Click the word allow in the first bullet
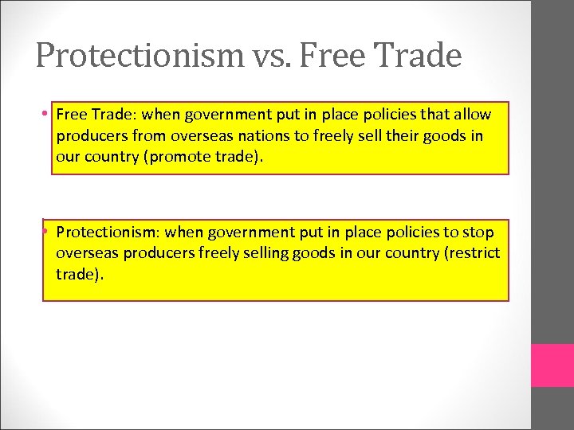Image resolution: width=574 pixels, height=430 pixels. tap(473, 115)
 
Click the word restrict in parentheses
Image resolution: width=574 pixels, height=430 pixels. tap(475, 253)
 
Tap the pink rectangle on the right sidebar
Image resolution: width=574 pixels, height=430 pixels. tap(552, 365)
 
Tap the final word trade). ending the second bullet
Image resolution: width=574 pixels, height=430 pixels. tap(80, 274)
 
